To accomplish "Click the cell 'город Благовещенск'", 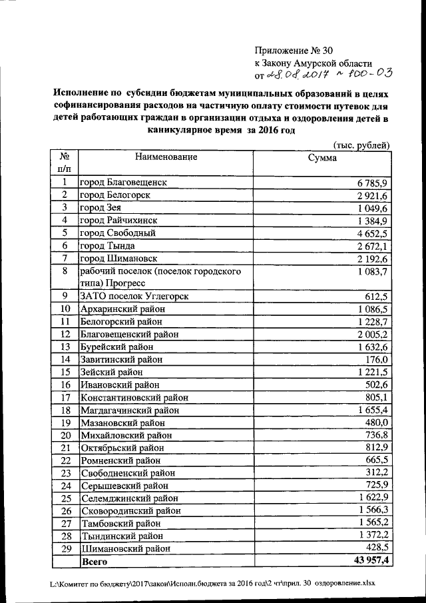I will tap(123, 182).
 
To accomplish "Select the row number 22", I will tap(65, 460).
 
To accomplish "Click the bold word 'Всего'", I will tap(94, 562).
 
